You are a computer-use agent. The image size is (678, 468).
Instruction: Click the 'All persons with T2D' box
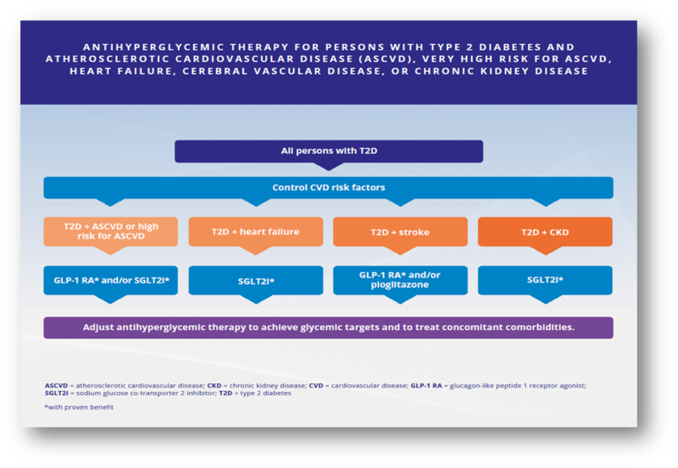(329, 151)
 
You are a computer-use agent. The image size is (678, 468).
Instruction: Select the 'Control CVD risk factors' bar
(328, 187)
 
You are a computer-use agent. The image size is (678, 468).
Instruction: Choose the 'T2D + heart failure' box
(255, 231)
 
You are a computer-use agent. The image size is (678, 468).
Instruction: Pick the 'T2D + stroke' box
(399, 231)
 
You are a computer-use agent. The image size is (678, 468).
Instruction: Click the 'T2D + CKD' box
(545, 231)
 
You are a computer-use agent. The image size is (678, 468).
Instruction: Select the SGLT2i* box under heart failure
(255, 279)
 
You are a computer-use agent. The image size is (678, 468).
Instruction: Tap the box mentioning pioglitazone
(399, 280)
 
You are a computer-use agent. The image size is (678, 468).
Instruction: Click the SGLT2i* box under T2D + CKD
(545, 279)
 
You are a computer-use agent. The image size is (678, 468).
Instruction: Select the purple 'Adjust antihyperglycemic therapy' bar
(328, 327)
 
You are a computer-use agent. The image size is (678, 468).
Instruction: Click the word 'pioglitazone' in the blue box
(399, 286)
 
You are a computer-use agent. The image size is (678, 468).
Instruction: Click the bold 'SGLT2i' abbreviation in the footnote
(58, 394)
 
